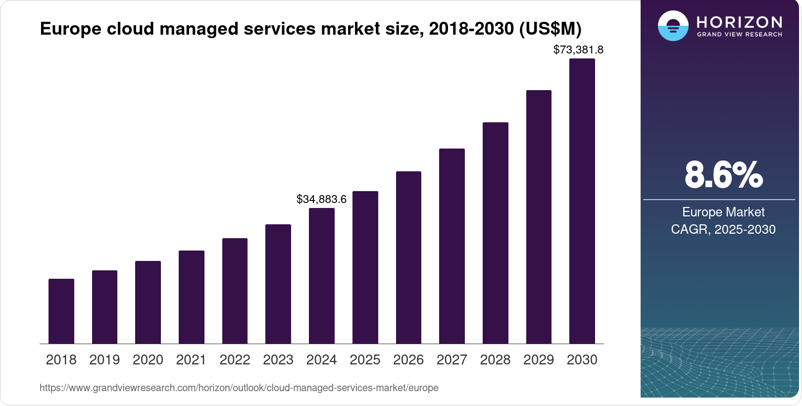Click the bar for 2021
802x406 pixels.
[192, 297]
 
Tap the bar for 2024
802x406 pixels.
[322, 276]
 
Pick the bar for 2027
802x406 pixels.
[452, 246]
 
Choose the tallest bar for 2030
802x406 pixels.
[582, 201]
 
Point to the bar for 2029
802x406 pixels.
[539, 217]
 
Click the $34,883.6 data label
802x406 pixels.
[321, 199]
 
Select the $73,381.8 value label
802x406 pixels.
[578, 50]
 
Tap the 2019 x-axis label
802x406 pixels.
[104, 360]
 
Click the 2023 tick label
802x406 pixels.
[278, 360]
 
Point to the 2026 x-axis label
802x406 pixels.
[408, 360]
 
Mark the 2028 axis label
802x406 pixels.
[495, 360]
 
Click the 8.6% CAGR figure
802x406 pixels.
[723, 175]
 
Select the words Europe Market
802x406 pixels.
[723, 212]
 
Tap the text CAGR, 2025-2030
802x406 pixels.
[723, 229]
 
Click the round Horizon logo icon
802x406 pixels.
[673, 26]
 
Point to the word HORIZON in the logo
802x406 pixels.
[739, 22]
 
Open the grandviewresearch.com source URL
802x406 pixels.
[239, 388]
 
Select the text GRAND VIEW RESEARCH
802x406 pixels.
[739, 35]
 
